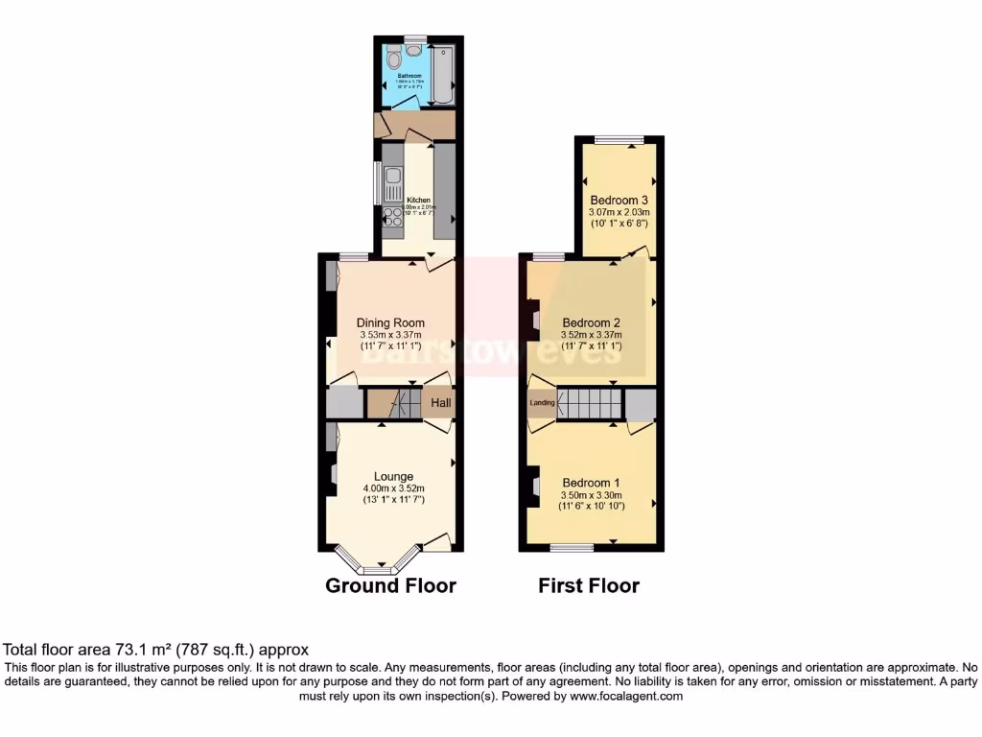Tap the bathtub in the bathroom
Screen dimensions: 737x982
pyautogui.click(x=442, y=75)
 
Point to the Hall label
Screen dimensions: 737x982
pyautogui.click(x=440, y=404)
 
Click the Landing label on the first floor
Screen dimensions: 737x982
pyautogui.click(x=542, y=403)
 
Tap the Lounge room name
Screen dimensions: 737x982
pyautogui.click(x=393, y=476)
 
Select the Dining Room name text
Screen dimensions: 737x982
pyautogui.click(x=390, y=322)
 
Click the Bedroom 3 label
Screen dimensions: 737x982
pyautogui.click(x=619, y=200)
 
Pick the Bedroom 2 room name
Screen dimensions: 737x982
pyautogui.click(x=592, y=322)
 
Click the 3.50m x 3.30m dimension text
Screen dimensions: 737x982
pyautogui.click(x=592, y=494)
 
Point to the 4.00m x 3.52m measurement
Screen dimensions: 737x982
pyautogui.click(x=393, y=488)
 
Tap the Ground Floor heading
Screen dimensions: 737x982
pyautogui.click(x=390, y=585)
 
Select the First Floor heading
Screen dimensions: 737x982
pyautogui.click(x=588, y=585)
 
